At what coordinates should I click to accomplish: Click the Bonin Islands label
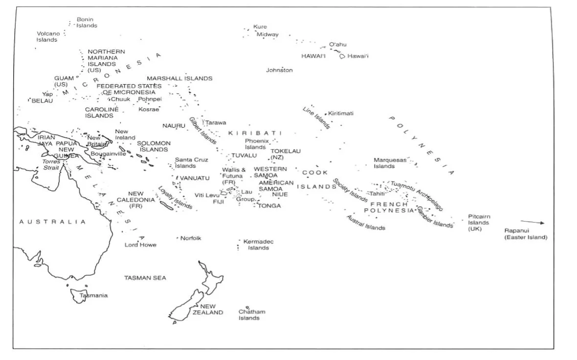pos(87,22)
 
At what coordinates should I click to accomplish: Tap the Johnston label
pos(279,70)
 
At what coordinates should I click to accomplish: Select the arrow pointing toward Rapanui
pos(532,223)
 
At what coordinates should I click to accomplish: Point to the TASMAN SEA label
pos(145,278)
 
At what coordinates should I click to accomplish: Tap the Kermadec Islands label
pos(258,245)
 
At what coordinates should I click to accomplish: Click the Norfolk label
pos(191,238)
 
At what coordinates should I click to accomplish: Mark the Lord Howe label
pos(140,245)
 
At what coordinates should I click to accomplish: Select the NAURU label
pos(174,126)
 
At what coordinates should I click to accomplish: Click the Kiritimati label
pos(341,113)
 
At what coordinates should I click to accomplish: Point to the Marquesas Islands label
pos(390,163)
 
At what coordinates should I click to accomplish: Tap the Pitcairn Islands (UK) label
pos(479,223)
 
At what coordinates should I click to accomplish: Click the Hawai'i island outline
pos(342,57)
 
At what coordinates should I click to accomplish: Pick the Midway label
pos(267,35)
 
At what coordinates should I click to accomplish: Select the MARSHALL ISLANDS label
pos(179,78)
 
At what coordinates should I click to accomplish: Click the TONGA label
pos(269,206)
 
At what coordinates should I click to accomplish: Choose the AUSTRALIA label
pos(52,222)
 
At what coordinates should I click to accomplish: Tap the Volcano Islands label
pos(48,37)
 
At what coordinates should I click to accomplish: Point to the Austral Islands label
pos(365,223)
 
